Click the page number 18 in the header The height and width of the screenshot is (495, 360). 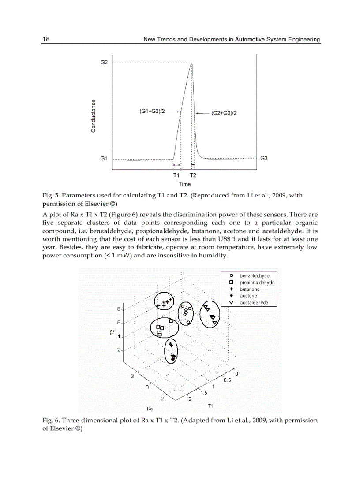pos(46,39)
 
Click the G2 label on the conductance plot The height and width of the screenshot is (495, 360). pos(104,63)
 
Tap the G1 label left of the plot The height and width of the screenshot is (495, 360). pos(104,158)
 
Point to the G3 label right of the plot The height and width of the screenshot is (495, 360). pos(264,158)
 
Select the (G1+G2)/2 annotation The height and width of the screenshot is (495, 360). pos(152,112)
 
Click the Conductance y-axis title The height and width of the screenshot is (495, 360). pos(94,116)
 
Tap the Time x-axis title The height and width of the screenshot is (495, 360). pos(184,184)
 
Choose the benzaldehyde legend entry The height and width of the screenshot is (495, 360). pos(254,275)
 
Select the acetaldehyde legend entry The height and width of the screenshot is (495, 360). pos(254,303)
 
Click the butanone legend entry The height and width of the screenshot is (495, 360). pos(249,289)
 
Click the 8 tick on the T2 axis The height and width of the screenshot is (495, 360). pos(119,309)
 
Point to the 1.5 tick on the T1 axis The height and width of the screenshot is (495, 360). pos(204,392)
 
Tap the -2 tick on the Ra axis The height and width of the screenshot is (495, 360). pos(162,398)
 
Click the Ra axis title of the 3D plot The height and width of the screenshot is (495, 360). pos(150,409)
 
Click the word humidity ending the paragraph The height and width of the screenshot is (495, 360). pos(213,256)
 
